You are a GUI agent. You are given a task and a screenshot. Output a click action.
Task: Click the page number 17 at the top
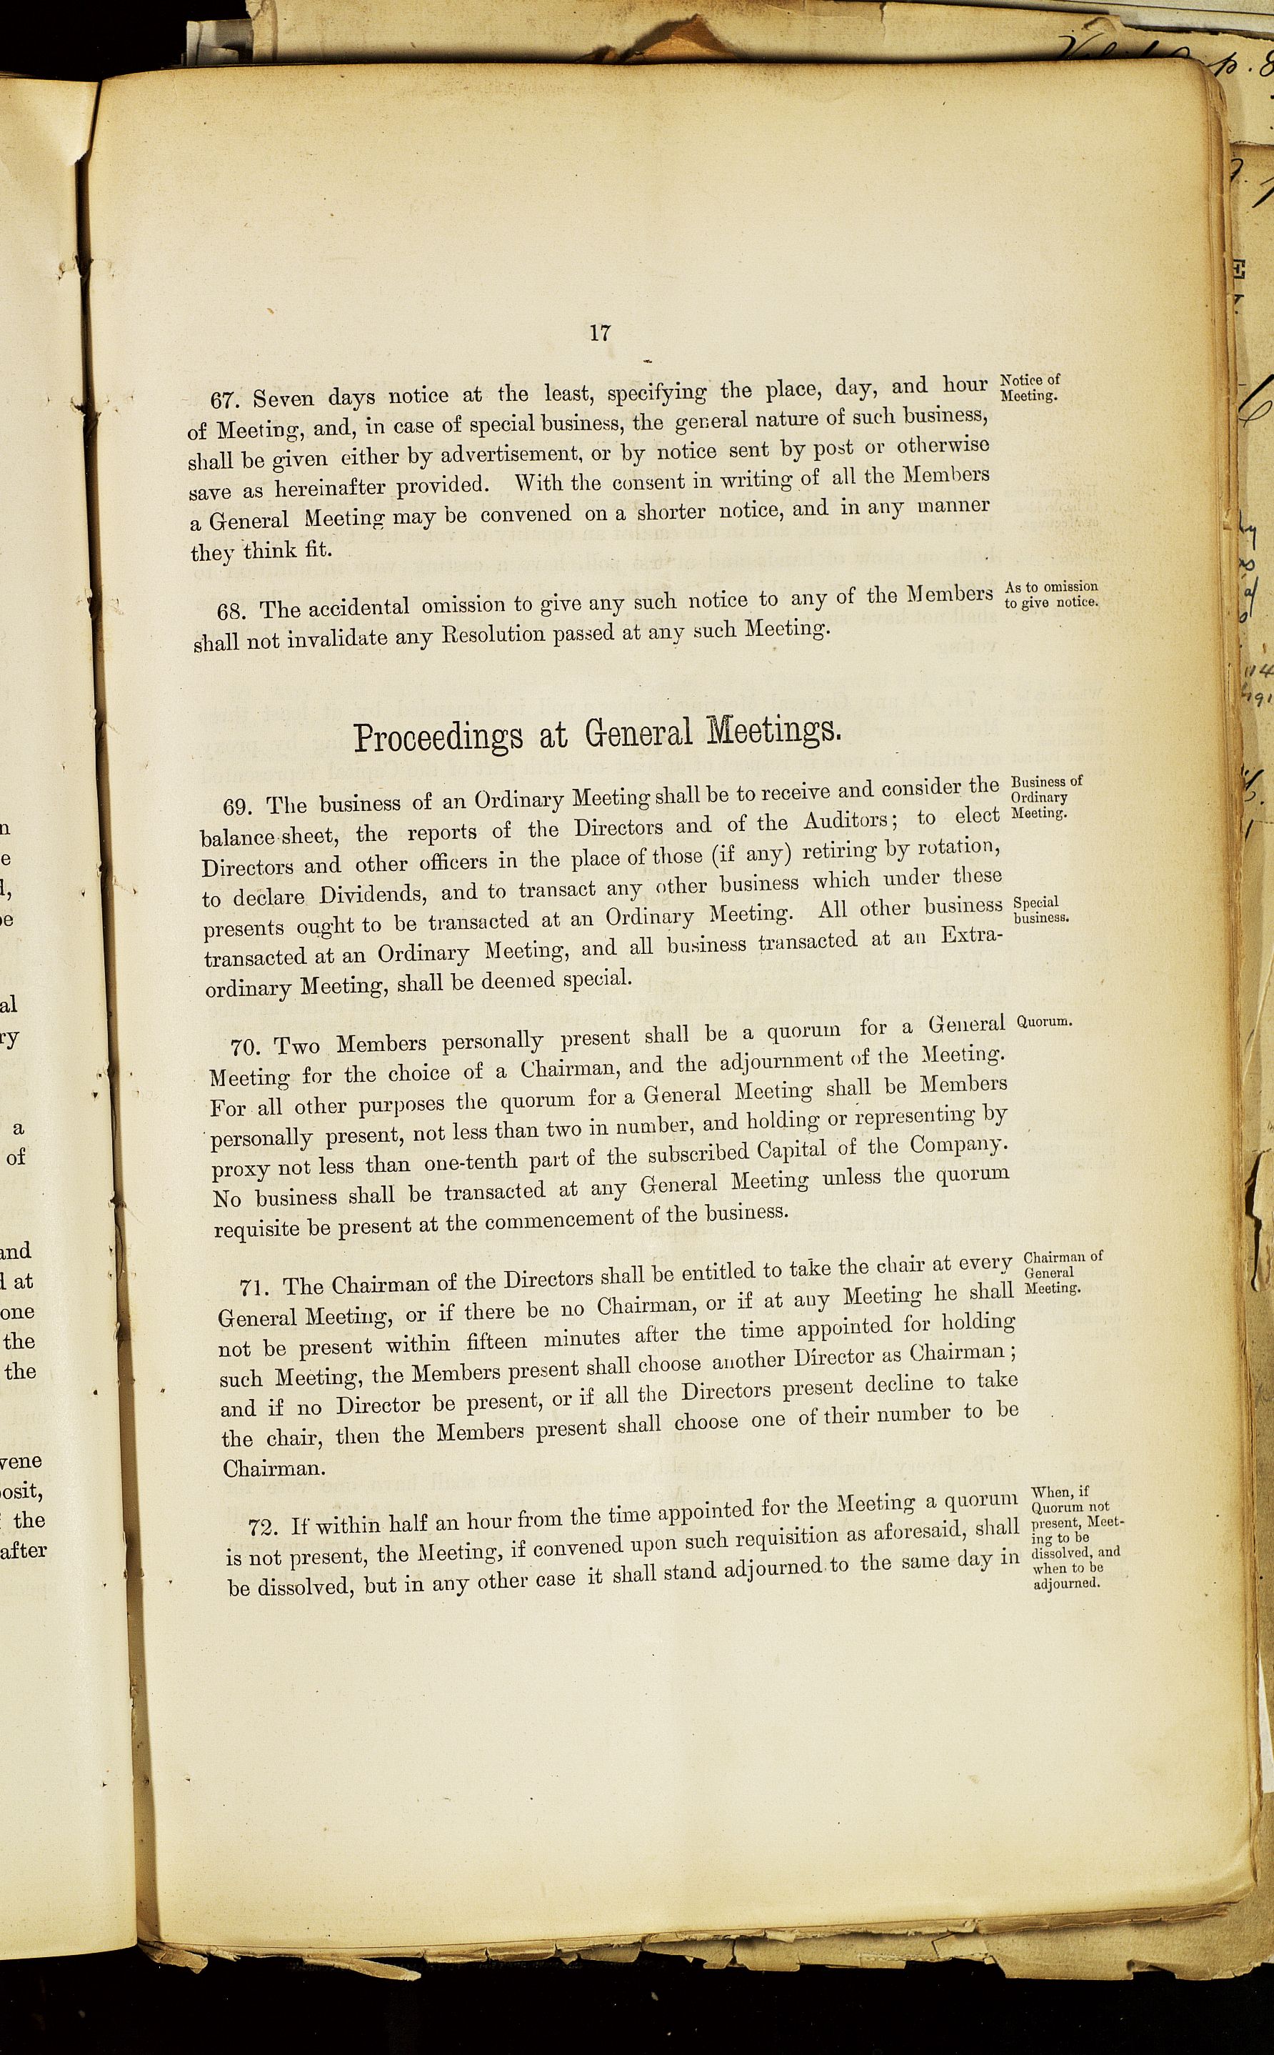tap(599, 333)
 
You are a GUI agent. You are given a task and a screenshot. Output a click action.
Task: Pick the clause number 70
tap(244, 1048)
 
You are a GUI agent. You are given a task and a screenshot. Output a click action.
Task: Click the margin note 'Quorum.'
tap(1044, 1021)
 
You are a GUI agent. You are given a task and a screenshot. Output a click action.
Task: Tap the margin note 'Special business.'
tap(1040, 910)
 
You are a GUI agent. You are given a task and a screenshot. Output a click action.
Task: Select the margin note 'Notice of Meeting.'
tap(1030, 388)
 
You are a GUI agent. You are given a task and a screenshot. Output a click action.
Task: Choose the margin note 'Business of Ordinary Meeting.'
tap(1045, 797)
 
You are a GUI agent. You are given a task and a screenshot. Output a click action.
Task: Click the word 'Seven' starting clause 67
tap(283, 397)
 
